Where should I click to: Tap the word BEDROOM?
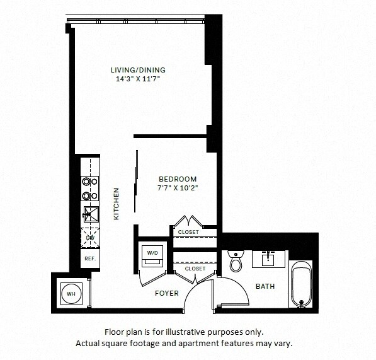pyautogui.click(x=177, y=179)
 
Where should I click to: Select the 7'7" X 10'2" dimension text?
pyautogui.click(x=177, y=189)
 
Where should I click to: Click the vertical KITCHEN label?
pyautogui.click(x=116, y=204)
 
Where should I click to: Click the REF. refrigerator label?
pyautogui.click(x=89, y=258)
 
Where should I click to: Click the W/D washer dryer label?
pyautogui.click(x=153, y=253)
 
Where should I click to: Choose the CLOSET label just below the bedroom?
pyautogui.click(x=188, y=232)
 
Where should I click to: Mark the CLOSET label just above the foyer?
pyautogui.click(x=195, y=269)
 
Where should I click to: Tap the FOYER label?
pyautogui.click(x=167, y=293)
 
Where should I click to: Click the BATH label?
pyautogui.click(x=265, y=286)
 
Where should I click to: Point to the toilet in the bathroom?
pyautogui.click(x=236, y=260)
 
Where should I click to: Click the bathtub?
pyautogui.click(x=300, y=283)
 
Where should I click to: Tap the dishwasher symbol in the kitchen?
pyautogui.click(x=90, y=237)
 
